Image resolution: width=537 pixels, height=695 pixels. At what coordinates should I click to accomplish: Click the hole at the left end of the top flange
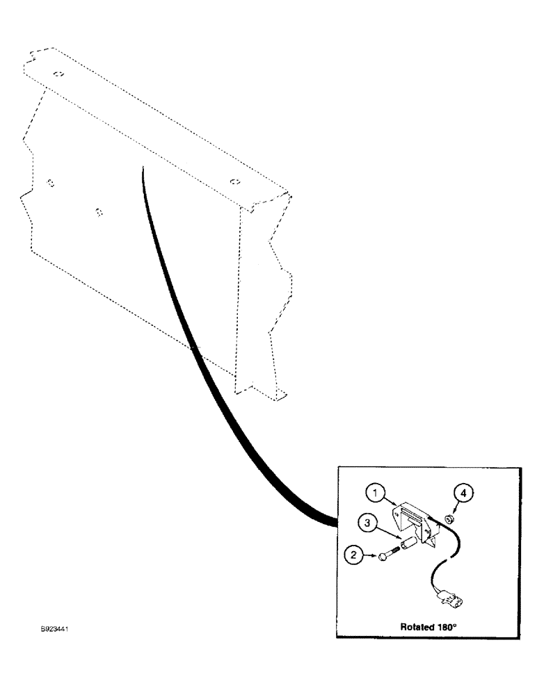click(x=60, y=74)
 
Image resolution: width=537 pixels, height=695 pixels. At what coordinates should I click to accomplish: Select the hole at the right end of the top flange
click(x=234, y=182)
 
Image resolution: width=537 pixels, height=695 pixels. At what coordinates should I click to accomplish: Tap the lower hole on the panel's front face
click(x=99, y=210)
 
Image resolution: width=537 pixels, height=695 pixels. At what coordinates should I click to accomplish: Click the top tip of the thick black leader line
click(x=142, y=167)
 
